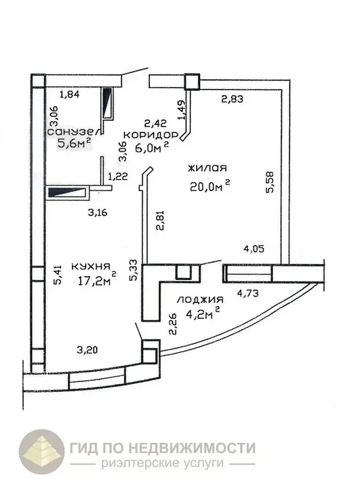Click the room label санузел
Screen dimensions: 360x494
point(74,131)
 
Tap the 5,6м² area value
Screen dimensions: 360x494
point(74,144)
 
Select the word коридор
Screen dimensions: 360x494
point(151,135)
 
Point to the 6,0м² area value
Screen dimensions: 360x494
point(152,147)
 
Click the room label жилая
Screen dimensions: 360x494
point(207,167)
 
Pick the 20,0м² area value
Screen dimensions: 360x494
point(210,186)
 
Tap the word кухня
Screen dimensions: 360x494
point(91,267)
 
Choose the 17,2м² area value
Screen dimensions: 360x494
point(97,279)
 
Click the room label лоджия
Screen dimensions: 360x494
point(200,299)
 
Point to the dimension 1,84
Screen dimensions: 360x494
point(69,94)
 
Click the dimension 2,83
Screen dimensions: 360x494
point(232,99)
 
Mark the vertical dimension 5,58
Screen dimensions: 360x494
point(270,182)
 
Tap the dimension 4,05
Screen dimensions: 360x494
point(253,249)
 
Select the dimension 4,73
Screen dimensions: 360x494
point(248,293)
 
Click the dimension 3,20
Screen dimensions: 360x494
point(87,349)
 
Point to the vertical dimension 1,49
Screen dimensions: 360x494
point(182,109)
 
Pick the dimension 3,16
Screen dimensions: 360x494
point(97,212)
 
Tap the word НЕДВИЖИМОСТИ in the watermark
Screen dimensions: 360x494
point(192,448)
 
